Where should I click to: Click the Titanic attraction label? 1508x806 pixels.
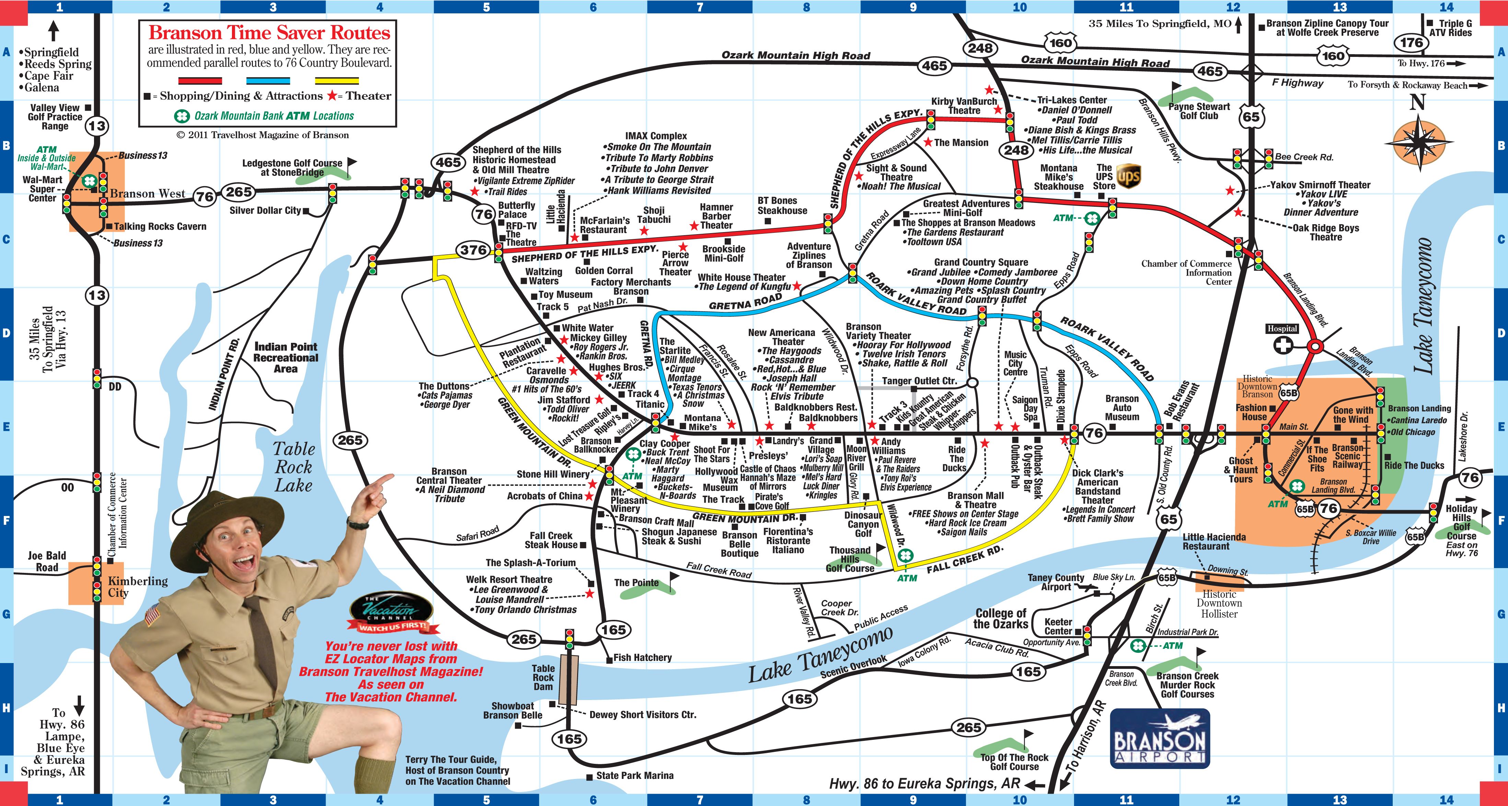pos(650,404)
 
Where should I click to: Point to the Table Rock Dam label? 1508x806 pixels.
pos(543,677)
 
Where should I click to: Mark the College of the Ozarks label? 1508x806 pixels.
pos(1001,618)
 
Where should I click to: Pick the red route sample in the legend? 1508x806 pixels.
pos(200,81)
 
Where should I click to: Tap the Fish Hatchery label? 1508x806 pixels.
pos(642,658)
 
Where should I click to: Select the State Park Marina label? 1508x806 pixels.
pos(634,775)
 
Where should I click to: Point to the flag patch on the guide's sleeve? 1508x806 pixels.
pos(153,615)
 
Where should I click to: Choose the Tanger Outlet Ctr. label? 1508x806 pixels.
pos(919,381)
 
